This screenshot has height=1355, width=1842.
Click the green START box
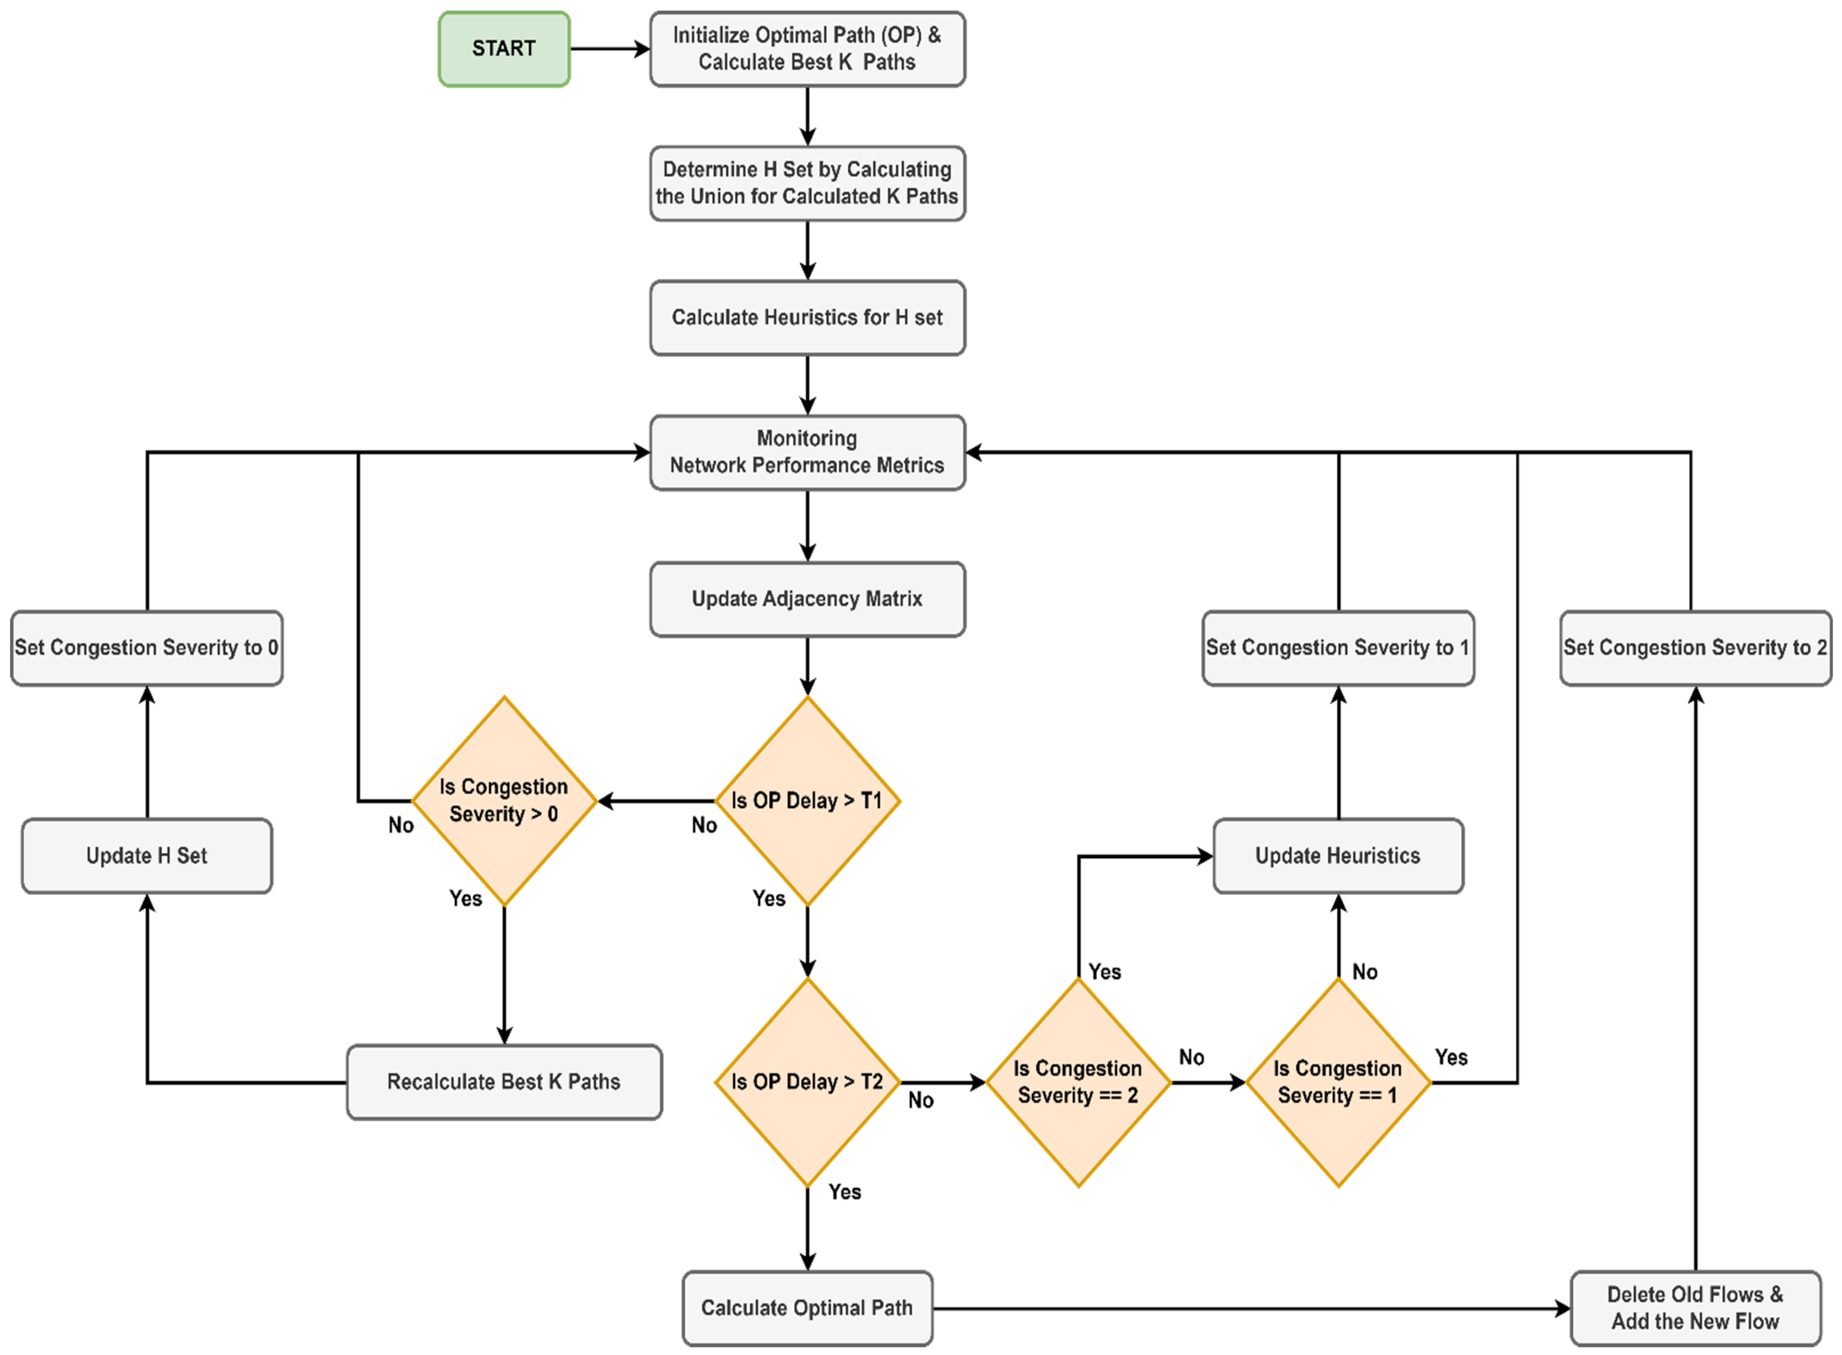503,49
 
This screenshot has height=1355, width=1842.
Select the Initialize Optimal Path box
807,49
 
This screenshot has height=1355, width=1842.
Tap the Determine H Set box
807,183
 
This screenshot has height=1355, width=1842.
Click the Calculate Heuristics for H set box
807,317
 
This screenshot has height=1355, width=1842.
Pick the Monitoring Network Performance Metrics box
807,452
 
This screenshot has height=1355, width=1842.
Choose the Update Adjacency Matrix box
807,599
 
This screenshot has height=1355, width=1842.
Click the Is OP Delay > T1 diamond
807,801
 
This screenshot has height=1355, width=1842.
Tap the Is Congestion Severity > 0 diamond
503,801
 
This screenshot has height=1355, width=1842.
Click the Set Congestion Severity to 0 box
147,648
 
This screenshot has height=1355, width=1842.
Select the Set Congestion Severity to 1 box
1338,648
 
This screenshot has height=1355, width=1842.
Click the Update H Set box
147,855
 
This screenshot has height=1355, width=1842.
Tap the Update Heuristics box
1338,855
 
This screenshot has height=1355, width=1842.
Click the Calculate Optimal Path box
807,1308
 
